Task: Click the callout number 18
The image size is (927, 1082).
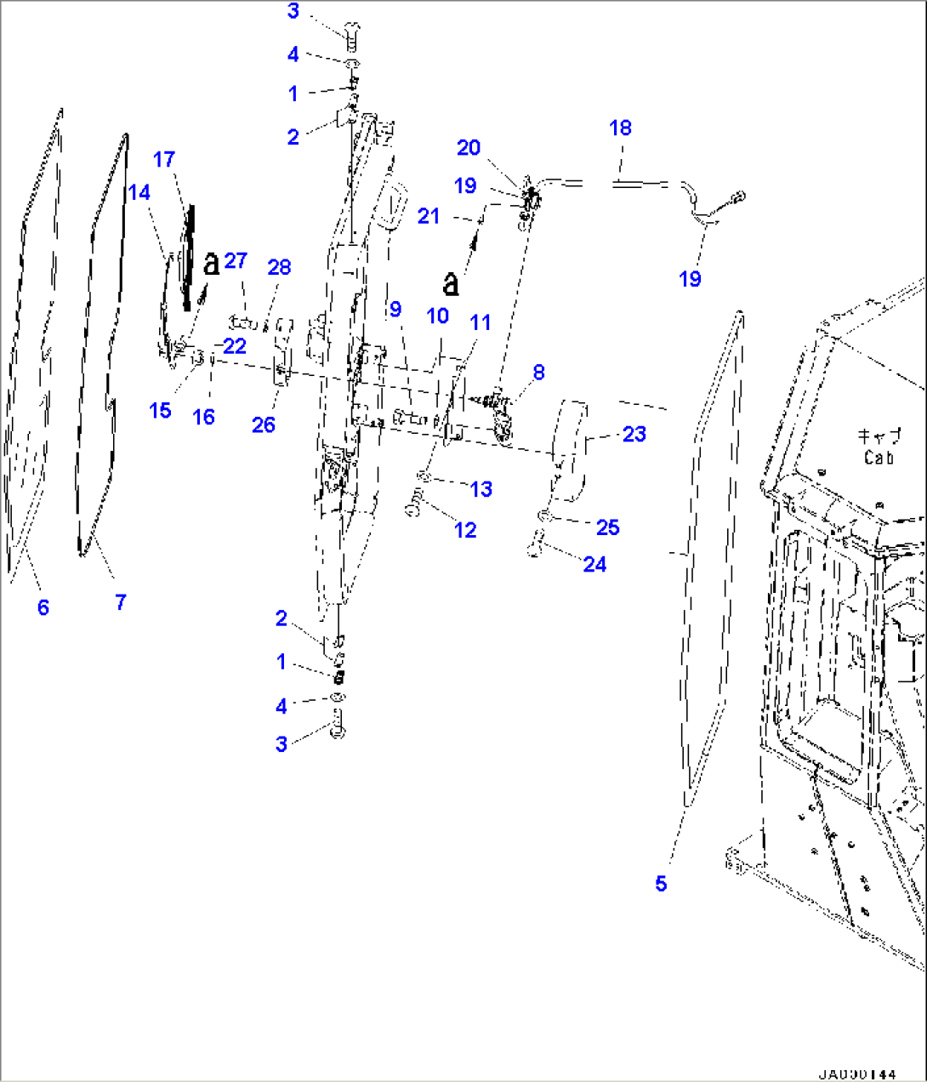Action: pyautogui.click(x=620, y=128)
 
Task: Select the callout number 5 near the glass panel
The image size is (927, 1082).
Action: pyautogui.click(x=661, y=884)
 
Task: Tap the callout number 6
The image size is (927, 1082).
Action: pyautogui.click(x=43, y=607)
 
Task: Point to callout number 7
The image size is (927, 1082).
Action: pyautogui.click(x=121, y=602)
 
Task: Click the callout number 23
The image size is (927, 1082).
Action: pyautogui.click(x=634, y=434)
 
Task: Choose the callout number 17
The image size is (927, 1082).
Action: pyautogui.click(x=164, y=159)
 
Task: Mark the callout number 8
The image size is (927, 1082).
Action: pyautogui.click(x=538, y=372)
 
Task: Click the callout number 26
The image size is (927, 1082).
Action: pyautogui.click(x=264, y=424)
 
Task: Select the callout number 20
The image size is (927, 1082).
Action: pyautogui.click(x=469, y=147)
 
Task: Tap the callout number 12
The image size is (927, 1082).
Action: pyautogui.click(x=465, y=529)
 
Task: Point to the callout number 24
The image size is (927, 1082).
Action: pyautogui.click(x=594, y=564)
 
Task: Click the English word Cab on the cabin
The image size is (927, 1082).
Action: pyautogui.click(x=878, y=458)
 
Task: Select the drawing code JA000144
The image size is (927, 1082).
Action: pyautogui.click(x=856, y=1074)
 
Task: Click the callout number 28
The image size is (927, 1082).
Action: pyautogui.click(x=279, y=267)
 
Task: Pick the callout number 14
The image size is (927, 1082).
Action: pyautogui.click(x=139, y=192)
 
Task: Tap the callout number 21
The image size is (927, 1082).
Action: pyautogui.click(x=428, y=216)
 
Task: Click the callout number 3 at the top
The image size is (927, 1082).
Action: pyautogui.click(x=293, y=11)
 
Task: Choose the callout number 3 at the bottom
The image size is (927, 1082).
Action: pyautogui.click(x=282, y=743)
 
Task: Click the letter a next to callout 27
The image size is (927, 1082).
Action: pyautogui.click(x=211, y=264)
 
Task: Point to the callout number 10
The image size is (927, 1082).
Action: pyautogui.click(x=437, y=316)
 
